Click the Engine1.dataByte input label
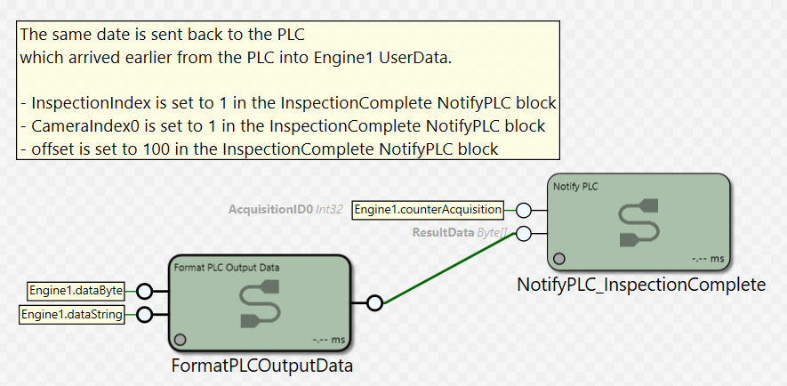pyautogui.click(x=76, y=291)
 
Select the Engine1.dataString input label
pyautogui.click(x=72, y=315)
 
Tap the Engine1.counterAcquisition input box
pyautogui.click(x=428, y=210)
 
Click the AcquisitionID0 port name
pyautogui.click(x=270, y=210)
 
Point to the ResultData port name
pyautogui.click(x=443, y=233)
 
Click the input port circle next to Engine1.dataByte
pyautogui.click(x=145, y=291)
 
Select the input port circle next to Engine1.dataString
pyautogui.click(x=145, y=315)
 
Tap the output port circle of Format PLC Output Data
pyautogui.click(x=374, y=303)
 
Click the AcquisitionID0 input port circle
pyautogui.click(x=524, y=210)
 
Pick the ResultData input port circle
pyautogui.click(x=524, y=233)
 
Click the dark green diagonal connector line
pyautogui.click(x=449, y=269)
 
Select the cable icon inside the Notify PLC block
pyautogui.click(x=638, y=223)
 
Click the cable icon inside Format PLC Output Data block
pyautogui.click(x=260, y=303)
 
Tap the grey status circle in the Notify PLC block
pyautogui.click(x=558, y=259)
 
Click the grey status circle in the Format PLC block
pyautogui.click(x=180, y=340)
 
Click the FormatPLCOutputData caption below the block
pyautogui.click(x=262, y=366)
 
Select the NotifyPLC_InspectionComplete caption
pyautogui.click(x=641, y=285)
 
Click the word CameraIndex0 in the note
pyautogui.click(x=84, y=126)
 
